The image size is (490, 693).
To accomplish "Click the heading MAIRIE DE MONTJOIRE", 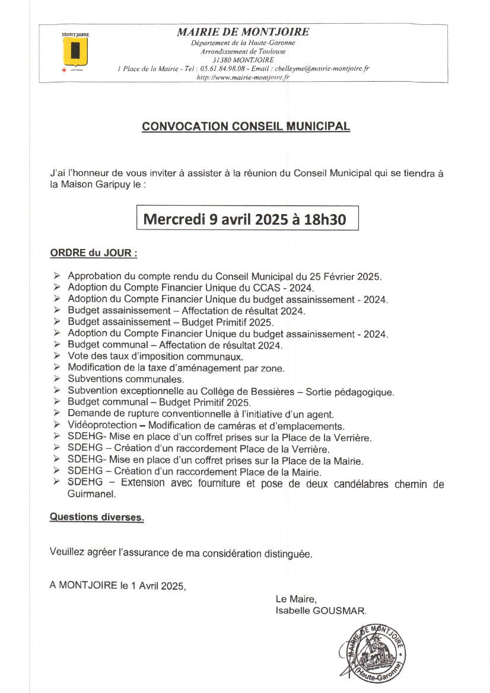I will [243, 33].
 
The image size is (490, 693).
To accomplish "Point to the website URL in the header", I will [243, 78].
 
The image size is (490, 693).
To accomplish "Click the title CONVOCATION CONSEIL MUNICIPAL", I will [246, 126].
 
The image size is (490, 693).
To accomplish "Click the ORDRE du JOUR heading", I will [94, 253].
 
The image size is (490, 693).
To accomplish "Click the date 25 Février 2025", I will [344, 276].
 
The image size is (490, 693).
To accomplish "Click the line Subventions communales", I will [126, 379].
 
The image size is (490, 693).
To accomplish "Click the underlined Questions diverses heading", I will [97, 517].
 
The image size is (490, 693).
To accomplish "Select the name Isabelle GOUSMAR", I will [321, 610].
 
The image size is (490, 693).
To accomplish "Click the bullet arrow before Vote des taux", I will [56, 357].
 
